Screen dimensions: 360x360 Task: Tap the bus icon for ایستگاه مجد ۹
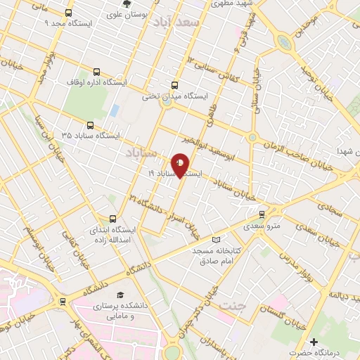[x=68, y=13]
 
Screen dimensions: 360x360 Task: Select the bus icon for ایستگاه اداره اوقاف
[x=96, y=72]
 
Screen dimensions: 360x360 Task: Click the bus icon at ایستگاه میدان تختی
[x=174, y=86]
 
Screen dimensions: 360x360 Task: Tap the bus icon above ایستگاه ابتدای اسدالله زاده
[x=112, y=219]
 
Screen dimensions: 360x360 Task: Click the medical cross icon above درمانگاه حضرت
[x=314, y=341]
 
